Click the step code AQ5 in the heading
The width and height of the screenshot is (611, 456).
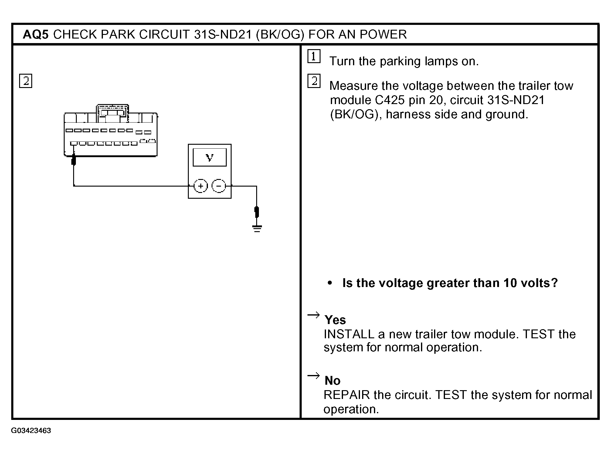click(x=36, y=34)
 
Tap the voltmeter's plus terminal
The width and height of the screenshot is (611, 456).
click(x=201, y=186)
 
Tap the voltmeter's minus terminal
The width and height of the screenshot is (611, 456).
click(x=219, y=186)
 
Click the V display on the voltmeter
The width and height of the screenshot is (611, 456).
click(x=210, y=157)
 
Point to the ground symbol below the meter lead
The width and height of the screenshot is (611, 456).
click(x=257, y=228)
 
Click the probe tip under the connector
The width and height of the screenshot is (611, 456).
click(x=73, y=160)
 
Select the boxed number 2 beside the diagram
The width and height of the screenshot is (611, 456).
click(x=25, y=81)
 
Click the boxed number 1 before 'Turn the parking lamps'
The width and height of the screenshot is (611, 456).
click(x=314, y=56)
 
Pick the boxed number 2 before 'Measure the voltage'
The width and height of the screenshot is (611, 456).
click(x=314, y=81)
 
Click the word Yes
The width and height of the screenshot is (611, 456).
click(x=335, y=320)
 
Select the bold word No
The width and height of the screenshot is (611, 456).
click(x=332, y=380)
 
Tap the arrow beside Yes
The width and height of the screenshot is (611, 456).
click(x=314, y=315)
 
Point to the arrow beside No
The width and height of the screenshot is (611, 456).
click(x=314, y=376)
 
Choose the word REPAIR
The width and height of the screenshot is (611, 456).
click(x=347, y=395)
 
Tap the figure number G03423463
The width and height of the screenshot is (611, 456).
click(x=31, y=431)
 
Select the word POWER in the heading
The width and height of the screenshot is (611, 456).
click(x=383, y=34)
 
